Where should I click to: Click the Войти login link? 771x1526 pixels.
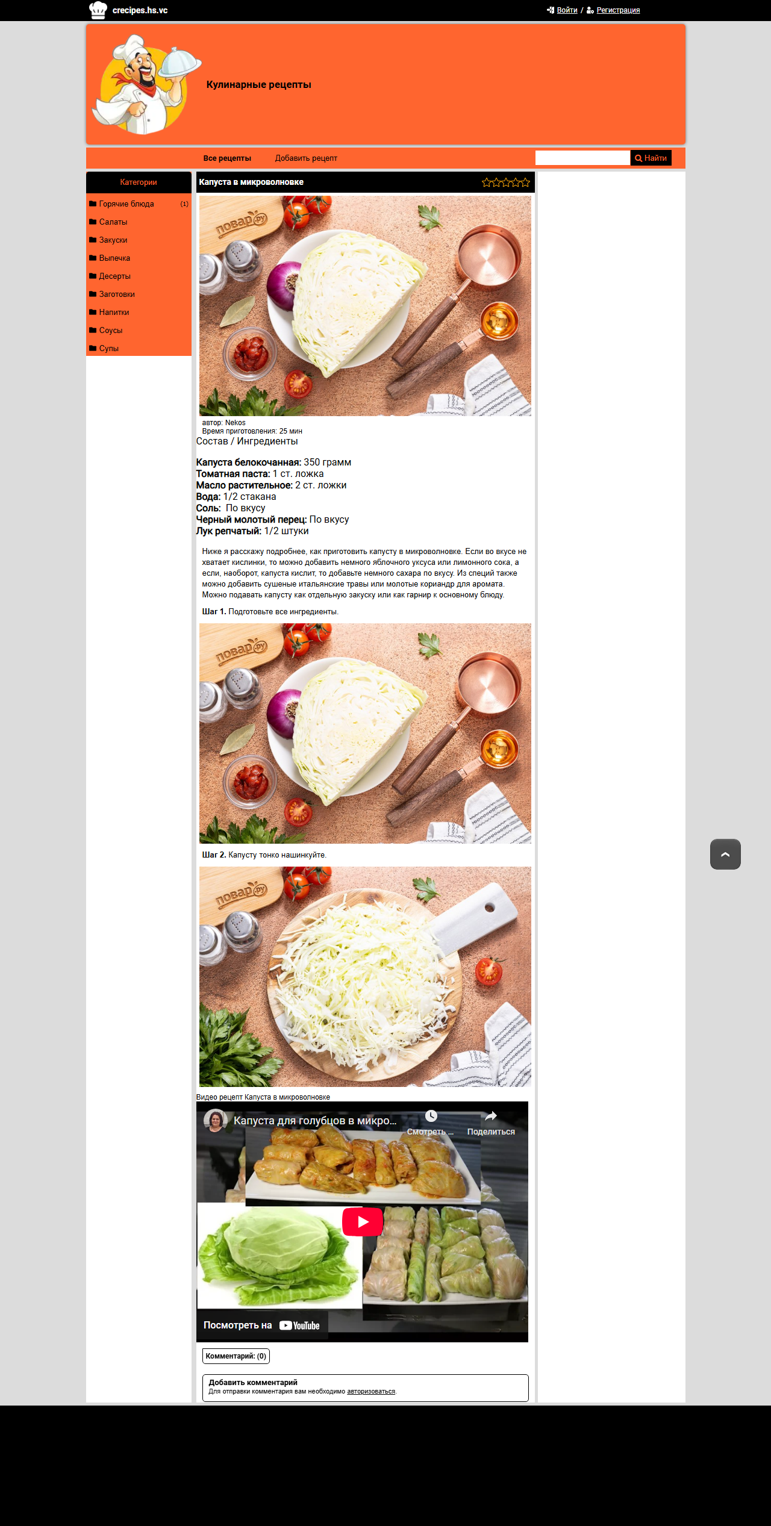click(x=567, y=10)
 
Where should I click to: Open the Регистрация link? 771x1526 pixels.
click(x=618, y=10)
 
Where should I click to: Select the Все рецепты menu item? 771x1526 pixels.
click(x=227, y=158)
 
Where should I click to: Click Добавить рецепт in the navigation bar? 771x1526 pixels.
click(x=306, y=158)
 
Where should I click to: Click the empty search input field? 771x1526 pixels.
click(x=582, y=158)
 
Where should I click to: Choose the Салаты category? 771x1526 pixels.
click(x=113, y=222)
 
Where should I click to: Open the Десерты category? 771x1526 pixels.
click(x=114, y=276)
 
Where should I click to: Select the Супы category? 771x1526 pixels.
click(x=109, y=349)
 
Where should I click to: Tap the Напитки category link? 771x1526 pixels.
click(x=114, y=313)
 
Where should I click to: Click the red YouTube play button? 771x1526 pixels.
click(x=363, y=1222)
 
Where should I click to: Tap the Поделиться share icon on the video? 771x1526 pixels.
click(x=491, y=1116)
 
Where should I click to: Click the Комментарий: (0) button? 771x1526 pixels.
click(x=236, y=1356)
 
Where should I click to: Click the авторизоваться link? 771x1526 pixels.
click(x=371, y=1391)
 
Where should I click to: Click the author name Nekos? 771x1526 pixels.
click(x=236, y=423)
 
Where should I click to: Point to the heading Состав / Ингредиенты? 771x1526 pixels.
click(x=247, y=441)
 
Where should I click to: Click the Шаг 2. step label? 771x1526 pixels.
click(x=214, y=855)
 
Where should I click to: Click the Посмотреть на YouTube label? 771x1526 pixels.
click(x=262, y=1325)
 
